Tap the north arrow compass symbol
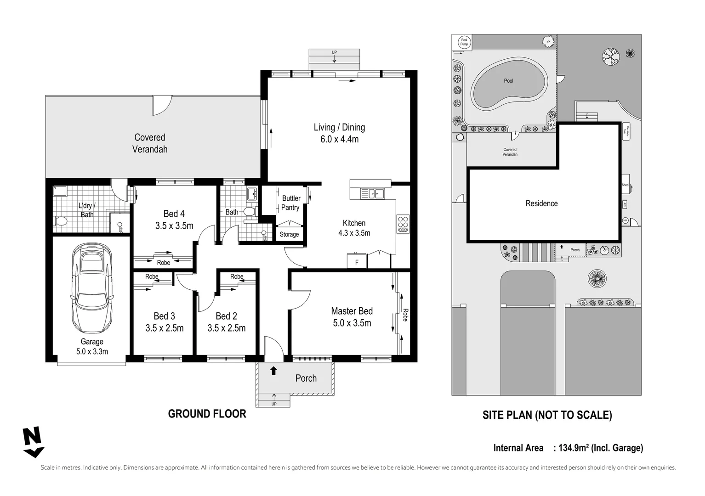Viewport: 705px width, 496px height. [x=33, y=442]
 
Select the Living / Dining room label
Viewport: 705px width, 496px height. [x=339, y=133]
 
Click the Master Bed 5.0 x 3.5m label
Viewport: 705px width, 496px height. [x=352, y=317]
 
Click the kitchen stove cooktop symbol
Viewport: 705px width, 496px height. [x=403, y=224]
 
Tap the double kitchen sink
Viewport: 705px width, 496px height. [x=373, y=194]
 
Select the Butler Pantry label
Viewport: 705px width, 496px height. [x=290, y=203]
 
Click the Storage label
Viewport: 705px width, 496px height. [x=289, y=234]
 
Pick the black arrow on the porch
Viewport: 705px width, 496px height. [x=273, y=370]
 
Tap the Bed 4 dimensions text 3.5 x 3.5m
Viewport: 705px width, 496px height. [x=174, y=225]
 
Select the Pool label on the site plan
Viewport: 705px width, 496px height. [x=508, y=81]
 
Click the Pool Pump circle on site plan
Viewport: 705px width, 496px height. [x=464, y=42]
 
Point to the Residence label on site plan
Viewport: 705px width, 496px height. [x=541, y=203]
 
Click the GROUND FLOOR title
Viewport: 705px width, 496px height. [x=207, y=414]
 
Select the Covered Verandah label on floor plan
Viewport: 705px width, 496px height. [x=150, y=143]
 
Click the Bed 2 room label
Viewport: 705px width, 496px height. [x=227, y=316]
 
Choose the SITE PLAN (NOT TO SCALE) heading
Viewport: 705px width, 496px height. [x=547, y=415]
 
